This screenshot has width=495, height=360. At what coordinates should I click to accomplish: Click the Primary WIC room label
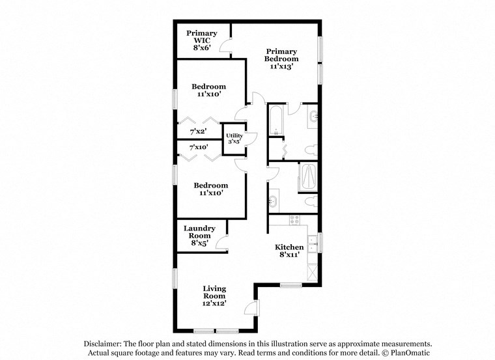[201, 40]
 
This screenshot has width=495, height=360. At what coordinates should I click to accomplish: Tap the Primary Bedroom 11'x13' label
[281, 59]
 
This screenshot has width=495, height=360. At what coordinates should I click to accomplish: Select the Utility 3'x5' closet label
[234, 139]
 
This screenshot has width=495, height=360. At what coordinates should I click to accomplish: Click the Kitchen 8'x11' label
[289, 251]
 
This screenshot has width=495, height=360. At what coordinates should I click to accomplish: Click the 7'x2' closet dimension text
[198, 132]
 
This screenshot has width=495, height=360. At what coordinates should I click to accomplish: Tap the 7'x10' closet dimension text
[198, 148]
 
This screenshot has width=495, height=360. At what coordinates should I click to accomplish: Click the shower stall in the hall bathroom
[308, 177]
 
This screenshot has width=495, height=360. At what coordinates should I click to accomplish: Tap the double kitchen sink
[313, 243]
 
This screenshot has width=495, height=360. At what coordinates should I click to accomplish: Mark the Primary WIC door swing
[225, 47]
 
